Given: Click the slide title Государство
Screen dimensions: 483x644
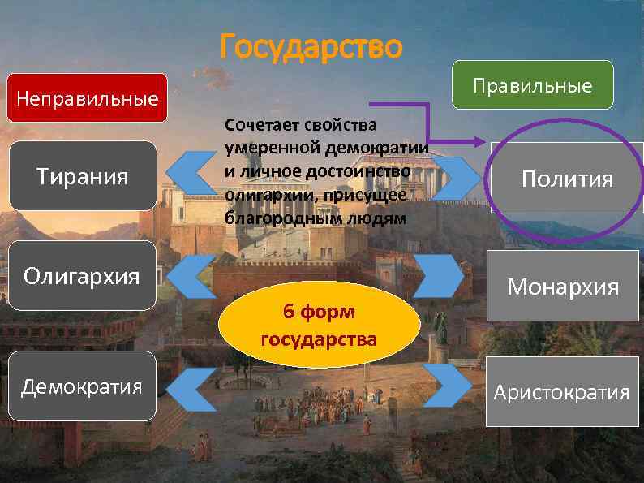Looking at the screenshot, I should point(311,47).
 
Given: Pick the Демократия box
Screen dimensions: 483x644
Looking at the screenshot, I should point(81,386).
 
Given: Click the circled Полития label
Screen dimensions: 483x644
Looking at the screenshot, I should point(567,179).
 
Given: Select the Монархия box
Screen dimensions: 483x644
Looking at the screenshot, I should point(562,286).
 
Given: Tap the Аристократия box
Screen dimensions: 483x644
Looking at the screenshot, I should point(562,393).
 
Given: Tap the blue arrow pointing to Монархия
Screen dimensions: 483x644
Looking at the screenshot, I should point(442,276).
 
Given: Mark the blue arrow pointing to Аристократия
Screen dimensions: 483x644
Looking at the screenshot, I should point(442,383).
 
